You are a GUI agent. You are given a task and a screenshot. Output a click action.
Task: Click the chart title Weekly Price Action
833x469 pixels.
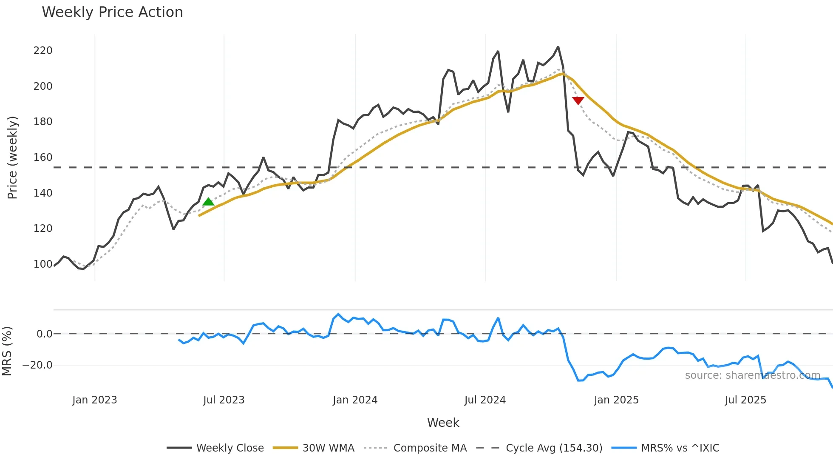(x=112, y=12)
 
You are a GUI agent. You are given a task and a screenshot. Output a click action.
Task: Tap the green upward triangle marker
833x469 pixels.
(x=208, y=202)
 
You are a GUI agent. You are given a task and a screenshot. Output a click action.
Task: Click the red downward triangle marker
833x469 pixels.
(x=578, y=100)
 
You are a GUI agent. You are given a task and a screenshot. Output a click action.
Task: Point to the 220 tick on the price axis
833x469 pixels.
(x=43, y=51)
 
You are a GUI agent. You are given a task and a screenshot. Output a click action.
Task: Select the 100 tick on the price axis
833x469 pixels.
(x=43, y=264)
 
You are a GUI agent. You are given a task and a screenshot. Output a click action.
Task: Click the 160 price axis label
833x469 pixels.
(x=43, y=157)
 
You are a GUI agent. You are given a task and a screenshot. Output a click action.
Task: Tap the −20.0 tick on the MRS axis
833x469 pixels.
(x=37, y=365)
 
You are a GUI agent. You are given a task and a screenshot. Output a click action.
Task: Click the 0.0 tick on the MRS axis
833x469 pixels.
(x=44, y=334)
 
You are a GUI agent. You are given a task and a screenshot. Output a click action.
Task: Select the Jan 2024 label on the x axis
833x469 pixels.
(x=355, y=400)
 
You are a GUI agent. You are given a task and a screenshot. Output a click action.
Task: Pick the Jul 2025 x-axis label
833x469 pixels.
(x=745, y=400)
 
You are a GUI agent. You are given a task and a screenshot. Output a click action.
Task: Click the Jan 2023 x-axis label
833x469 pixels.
(x=94, y=400)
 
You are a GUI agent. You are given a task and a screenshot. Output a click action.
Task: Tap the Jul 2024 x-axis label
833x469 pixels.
(x=485, y=400)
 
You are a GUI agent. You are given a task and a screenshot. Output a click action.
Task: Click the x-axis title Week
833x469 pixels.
(x=443, y=423)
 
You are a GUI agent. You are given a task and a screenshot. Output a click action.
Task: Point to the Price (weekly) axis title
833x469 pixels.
(x=12, y=157)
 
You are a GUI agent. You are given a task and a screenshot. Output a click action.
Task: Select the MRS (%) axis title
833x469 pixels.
(x=7, y=351)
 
